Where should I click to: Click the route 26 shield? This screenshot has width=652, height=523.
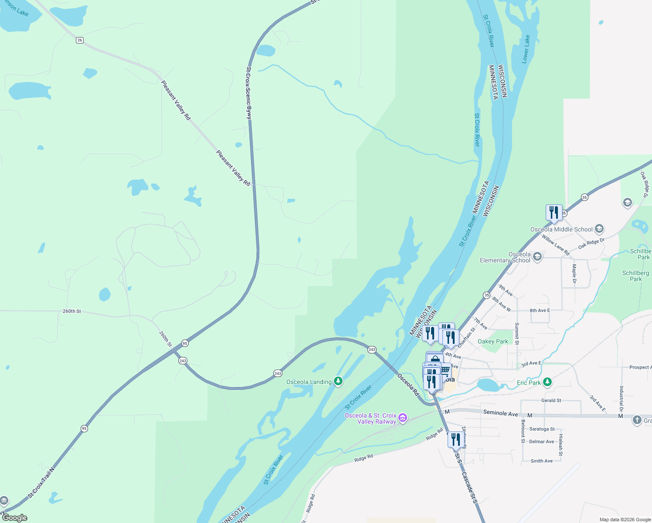(79, 40)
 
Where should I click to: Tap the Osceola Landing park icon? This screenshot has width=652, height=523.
(338, 382)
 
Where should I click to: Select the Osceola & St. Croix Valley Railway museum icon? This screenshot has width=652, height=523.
(403, 418)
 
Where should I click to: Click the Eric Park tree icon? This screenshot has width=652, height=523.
(547, 382)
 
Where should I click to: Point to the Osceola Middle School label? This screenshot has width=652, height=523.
(561, 229)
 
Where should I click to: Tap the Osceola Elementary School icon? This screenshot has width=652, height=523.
(537, 256)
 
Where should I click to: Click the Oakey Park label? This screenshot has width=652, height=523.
(493, 341)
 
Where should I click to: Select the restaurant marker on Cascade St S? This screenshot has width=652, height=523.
(455, 441)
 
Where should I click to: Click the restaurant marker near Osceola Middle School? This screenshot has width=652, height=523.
(554, 213)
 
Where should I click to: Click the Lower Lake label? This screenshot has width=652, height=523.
(526, 49)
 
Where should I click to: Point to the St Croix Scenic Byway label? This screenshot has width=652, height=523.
(248, 93)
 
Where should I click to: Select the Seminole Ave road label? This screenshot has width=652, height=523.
(500, 413)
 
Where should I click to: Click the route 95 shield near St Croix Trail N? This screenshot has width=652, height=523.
(84, 428)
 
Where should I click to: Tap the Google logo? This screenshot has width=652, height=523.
(14, 518)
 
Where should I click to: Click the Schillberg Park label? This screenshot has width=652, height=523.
(635, 276)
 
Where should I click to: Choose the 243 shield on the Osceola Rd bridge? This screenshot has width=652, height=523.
(372, 350)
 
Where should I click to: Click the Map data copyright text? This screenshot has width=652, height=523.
(625, 520)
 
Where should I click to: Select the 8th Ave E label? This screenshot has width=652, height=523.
(540, 310)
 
